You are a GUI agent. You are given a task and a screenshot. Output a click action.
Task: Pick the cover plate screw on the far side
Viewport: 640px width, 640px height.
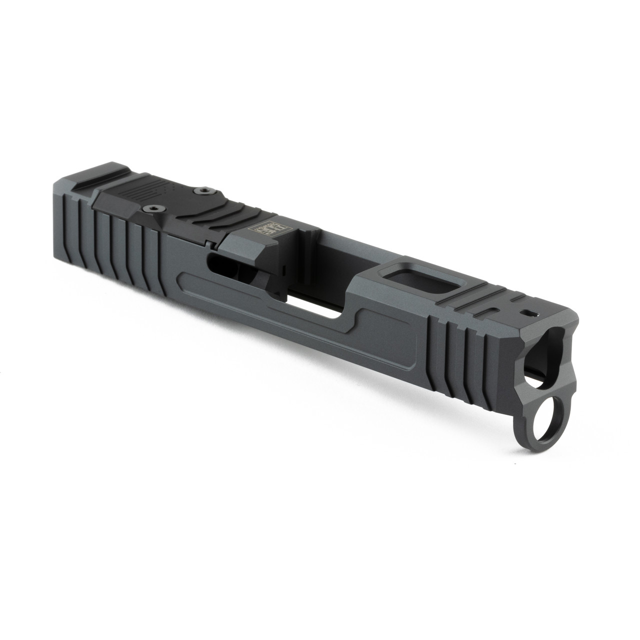pyautogui.click(x=203, y=190)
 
